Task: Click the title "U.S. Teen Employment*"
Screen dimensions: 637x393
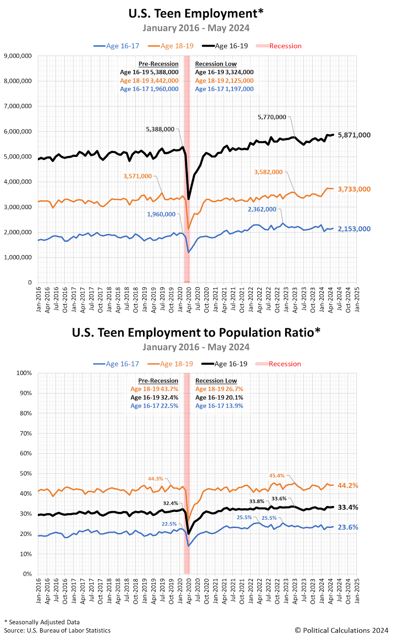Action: click(196, 14)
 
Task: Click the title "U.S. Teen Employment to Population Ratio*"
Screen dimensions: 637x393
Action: click(196, 332)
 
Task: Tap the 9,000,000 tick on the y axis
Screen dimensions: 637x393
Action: click(18, 56)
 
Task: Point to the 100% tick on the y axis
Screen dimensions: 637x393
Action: click(24, 373)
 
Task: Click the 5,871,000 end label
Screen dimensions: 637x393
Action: click(354, 135)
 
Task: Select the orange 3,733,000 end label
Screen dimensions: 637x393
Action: click(354, 189)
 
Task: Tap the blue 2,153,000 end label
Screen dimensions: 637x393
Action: click(354, 229)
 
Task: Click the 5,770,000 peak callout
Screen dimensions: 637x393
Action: click(272, 117)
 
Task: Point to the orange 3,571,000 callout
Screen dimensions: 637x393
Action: click(137, 176)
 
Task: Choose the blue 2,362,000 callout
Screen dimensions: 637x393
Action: click(262, 209)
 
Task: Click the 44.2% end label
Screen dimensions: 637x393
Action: click(348, 486)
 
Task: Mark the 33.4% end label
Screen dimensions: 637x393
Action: click(348, 507)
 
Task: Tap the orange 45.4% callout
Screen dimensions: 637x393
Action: click(277, 476)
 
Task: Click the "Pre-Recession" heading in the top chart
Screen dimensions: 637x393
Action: click(158, 64)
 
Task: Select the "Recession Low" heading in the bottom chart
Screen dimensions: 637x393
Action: click(216, 381)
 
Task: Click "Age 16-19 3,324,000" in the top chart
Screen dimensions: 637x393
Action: click(224, 72)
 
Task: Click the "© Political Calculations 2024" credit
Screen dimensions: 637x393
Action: click(341, 630)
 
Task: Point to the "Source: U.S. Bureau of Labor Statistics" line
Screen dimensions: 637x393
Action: click(57, 630)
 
